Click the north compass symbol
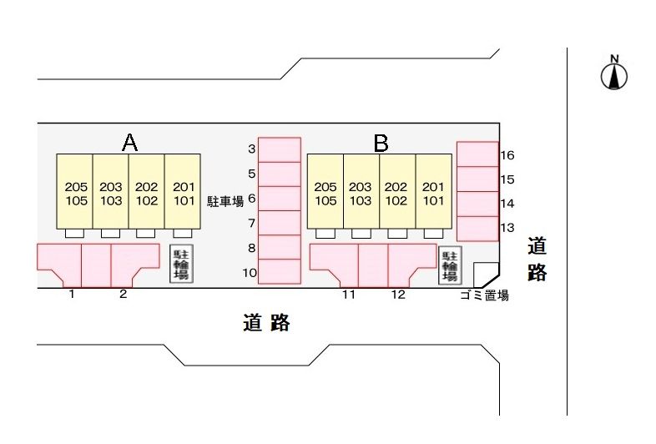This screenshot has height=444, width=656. click(x=614, y=75)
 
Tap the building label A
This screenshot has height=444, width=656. click(x=129, y=143)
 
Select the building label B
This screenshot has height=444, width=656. click(x=381, y=144)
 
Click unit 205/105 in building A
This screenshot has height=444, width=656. click(x=76, y=193)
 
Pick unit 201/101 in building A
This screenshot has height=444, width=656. click(x=182, y=193)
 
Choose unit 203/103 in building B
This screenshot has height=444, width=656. click(x=361, y=193)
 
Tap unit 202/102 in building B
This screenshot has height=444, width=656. click(x=396, y=193)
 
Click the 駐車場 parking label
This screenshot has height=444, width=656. click(x=225, y=200)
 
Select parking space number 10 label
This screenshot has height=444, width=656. click(x=250, y=272)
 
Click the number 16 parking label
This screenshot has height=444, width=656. click(x=507, y=155)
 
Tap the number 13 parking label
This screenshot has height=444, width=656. click(x=507, y=228)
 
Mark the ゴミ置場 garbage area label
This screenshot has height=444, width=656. click(x=484, y=295)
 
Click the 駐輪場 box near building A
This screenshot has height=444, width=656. click(x=179, y=264)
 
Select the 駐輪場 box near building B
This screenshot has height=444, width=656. click(x=449, y=265)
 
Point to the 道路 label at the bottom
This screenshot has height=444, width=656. click(x=267, y=323)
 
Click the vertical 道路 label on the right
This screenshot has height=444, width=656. click(x=537, y=260)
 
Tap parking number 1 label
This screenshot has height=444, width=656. click(x=72, y=295)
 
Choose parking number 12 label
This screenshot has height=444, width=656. click(x=398, y=295)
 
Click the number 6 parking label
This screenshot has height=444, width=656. click(x=251, y=199)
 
